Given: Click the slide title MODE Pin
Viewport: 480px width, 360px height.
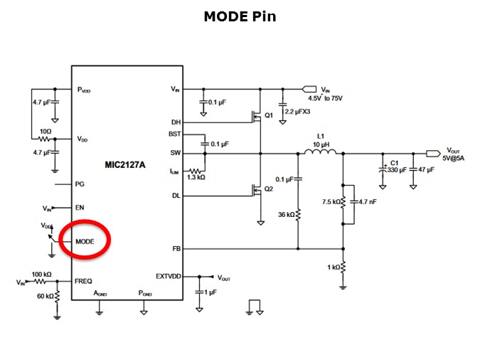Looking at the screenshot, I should click(x=240, y=16).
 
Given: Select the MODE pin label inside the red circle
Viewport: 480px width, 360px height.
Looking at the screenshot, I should click(x=85, y=242).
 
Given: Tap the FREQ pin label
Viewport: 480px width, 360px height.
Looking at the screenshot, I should click(x=83, y=282).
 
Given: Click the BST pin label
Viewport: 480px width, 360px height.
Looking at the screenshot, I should click(x=174, y=134).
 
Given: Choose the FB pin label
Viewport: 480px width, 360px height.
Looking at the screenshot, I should click(x=176, y=249).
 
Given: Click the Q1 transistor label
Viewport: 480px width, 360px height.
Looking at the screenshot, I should click(x=269, y=115).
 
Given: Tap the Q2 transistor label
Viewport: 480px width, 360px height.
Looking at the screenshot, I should click(x=269, y=189).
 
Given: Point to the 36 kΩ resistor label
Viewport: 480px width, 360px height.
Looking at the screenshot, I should click(x=285, y=213).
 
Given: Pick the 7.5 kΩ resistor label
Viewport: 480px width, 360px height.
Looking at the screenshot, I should click(x=331, y=201).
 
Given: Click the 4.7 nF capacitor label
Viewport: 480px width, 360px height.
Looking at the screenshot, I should click(x=367, y=201).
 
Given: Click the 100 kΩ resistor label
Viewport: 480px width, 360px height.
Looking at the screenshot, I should click(x=40, y=274).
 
